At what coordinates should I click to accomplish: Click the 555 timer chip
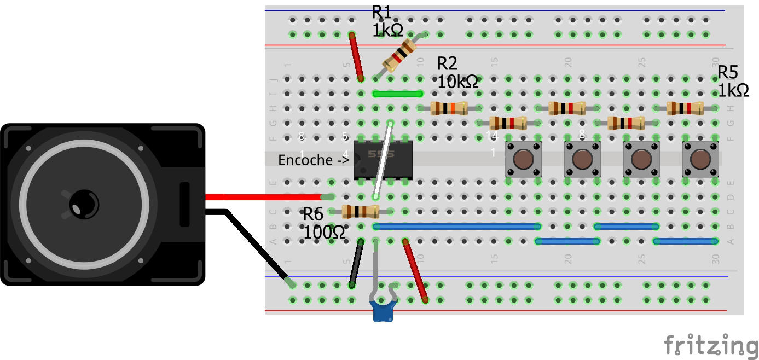pyautogui.click(x=383, y=160)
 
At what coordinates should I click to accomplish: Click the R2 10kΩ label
pyautogui.click(x=457, y=73)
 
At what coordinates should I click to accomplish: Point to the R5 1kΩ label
pyautogui.click(x=733, y=81)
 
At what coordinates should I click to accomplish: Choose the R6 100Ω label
pyautogui.click(x=324, y=223)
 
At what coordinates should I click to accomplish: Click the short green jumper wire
pyautogui.click(x=397, y=94)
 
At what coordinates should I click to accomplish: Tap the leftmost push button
pyautogui.click(x=524, y=159)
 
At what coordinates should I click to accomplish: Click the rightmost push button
pyautogui.click(x=700, y=159)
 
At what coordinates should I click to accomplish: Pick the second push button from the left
pyautogui.click(x=583, y=159)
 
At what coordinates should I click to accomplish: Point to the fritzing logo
pyautogui.click(x=711, y=346)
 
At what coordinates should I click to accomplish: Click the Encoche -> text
pyautogui.click(x=314, y=160)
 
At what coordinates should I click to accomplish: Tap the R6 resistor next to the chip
pyautogui.click(x=360, y=211)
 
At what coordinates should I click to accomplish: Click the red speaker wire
pyautogui.click(x=263, y=196)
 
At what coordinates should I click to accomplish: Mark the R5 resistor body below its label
pyautogui.click(x=685, y=108)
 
